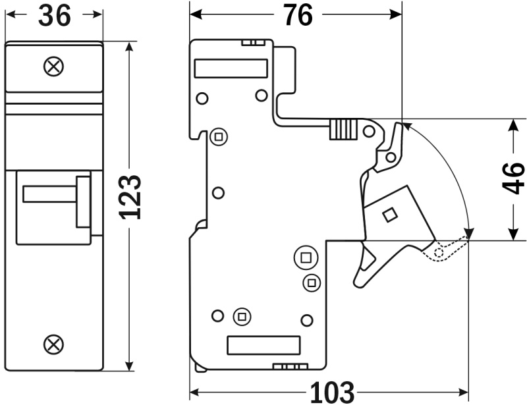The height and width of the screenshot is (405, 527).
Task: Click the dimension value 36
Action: point(54,15)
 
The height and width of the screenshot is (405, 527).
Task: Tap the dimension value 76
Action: point(298,15)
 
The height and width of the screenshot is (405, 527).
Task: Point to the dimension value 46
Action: point(513,178)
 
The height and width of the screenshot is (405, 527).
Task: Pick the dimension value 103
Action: point(331,393)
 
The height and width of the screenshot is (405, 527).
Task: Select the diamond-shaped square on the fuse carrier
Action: point(389,214)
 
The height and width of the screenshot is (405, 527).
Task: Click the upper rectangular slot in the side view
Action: point(231,68)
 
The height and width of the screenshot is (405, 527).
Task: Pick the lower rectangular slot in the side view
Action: point(263,345)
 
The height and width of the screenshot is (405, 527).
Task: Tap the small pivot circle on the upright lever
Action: point(391,157)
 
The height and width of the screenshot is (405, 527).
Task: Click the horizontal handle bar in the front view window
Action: point(49,194)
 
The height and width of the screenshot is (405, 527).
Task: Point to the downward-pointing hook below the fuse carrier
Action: point(364,267)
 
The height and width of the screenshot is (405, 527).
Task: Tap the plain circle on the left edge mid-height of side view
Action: point(219,193)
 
